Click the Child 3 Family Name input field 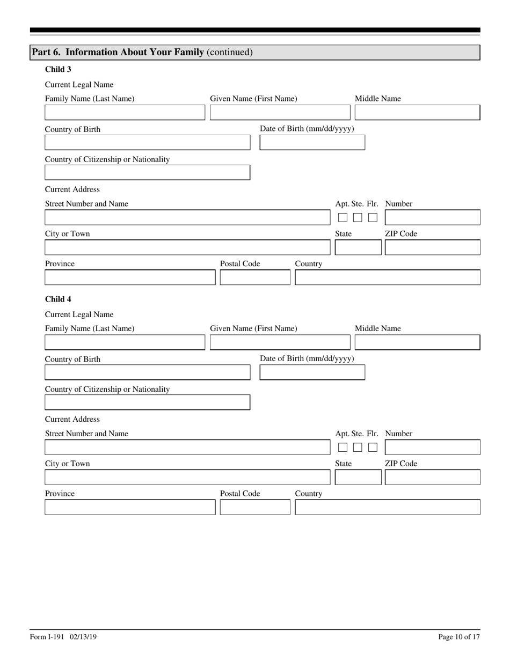125,113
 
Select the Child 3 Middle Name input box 417,113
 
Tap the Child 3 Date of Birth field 312,143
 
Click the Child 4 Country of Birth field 147,372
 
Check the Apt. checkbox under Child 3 343,218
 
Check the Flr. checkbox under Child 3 373,218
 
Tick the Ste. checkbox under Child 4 358,448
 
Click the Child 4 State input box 358,478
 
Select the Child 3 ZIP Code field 432,248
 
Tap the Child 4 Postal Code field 255,508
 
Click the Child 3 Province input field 129,278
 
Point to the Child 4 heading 58,299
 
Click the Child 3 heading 58,69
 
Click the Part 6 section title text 142,53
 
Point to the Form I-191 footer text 63,637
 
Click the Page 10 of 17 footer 459,637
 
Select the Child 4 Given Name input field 280,342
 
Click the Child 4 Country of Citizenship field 147,402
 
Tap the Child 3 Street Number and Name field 187,218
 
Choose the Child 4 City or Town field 187,478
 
